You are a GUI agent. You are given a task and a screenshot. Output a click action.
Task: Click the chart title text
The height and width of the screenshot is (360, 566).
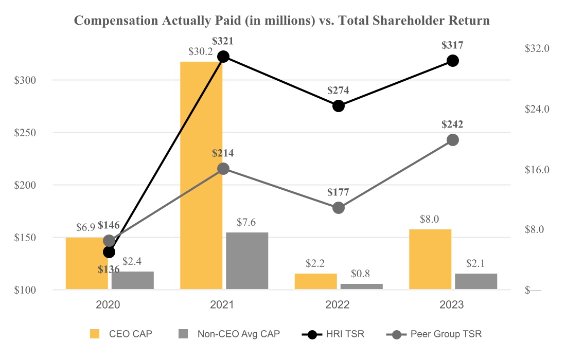click(282, 21)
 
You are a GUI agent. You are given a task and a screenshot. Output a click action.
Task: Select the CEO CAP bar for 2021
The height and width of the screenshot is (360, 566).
click(201, 175)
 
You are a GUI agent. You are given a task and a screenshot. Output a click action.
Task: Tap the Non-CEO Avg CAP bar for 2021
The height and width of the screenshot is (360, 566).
click(247, 261)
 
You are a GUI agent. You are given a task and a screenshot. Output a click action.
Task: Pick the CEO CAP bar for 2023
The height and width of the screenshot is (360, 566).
click(430, 259)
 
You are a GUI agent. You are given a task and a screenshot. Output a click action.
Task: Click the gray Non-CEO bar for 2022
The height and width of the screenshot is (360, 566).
click(362, 286)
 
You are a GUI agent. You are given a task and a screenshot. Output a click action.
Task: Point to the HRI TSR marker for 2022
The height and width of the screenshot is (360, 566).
click(338, 106)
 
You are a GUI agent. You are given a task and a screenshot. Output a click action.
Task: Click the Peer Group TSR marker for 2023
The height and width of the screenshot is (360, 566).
click(453, 140)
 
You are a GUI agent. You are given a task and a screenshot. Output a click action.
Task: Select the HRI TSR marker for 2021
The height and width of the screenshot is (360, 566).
click(223, 57)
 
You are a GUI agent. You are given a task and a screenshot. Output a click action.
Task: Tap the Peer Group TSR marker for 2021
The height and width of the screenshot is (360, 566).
click(223, 169)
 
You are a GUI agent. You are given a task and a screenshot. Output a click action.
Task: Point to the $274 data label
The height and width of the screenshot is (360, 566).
click(338, 91)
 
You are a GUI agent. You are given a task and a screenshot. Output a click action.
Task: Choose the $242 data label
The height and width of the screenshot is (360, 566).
click(452, 124)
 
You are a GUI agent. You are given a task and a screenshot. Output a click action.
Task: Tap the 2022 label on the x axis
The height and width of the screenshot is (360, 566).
click(338, 304)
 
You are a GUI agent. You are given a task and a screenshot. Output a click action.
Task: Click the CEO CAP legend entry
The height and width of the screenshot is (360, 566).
click(121, 334)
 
